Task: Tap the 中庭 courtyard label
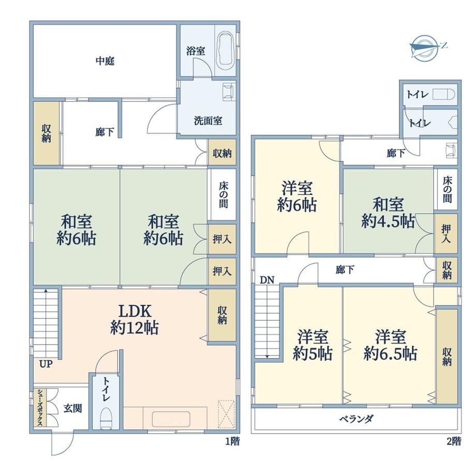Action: (105, 61)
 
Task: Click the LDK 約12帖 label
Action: (135, 319)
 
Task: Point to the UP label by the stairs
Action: (46, 364)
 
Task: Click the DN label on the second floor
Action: (267, 280)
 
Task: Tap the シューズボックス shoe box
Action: (40, 407)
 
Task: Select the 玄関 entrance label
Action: (73, 408)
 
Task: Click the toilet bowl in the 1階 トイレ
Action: (106, 418)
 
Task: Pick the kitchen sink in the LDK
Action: (171, 419)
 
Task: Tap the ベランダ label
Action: (356, 419)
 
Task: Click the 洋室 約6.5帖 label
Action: (391, 345)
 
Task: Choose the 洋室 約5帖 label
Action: (313, 345)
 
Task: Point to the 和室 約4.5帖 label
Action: (388, 213)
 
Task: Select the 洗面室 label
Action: (208, 121)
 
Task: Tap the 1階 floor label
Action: (232, 441)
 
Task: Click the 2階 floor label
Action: (454, 441)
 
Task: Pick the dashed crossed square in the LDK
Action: (227, 414)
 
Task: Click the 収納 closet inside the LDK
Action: (222, 315)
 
